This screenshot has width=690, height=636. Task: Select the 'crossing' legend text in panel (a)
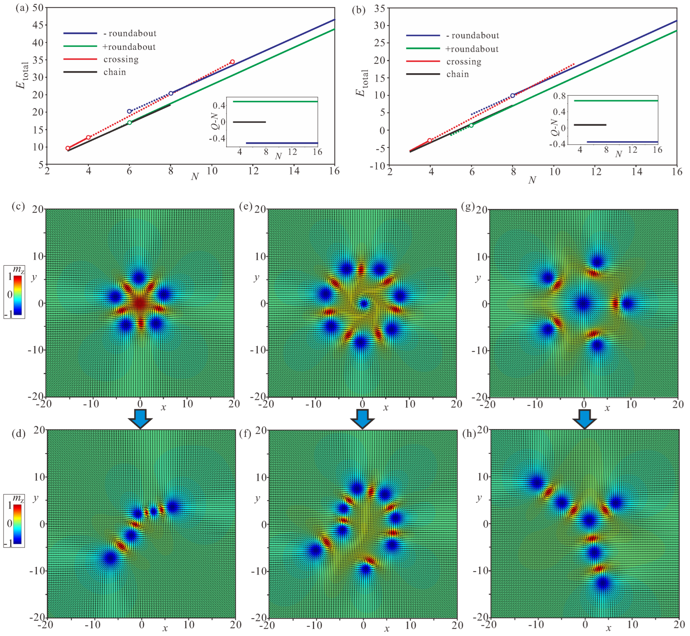click(x=121, y=59)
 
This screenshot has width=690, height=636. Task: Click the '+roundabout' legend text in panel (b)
click(x=472, y=49)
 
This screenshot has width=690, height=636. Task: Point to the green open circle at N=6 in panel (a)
click(x=129, y=123)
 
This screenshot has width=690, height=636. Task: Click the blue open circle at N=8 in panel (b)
click(x=513, y=96)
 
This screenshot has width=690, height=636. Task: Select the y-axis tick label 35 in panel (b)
click(x=379, y=8)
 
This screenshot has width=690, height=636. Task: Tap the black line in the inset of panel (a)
click(x=249, y=122)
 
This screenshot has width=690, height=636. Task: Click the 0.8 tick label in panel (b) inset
click(x=559, y=96)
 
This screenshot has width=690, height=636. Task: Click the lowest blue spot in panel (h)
click(x=603, y=583)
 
